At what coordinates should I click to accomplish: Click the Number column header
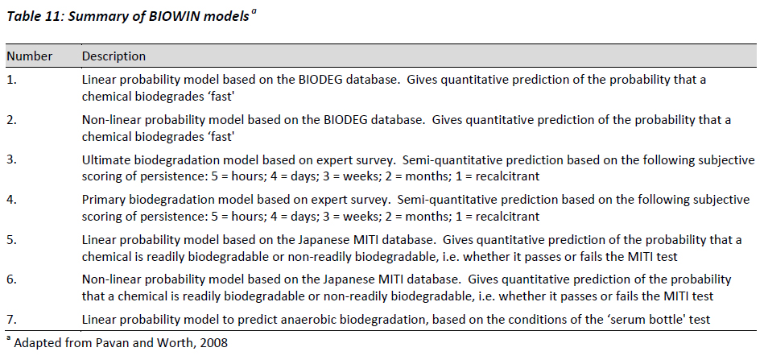(29, 56)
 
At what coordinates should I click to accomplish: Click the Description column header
(114, 56)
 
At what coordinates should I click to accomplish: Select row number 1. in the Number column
(11, 81)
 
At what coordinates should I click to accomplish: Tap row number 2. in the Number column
(12, 120)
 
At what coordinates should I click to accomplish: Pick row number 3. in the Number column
(12, 160)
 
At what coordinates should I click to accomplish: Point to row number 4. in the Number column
(12, 201)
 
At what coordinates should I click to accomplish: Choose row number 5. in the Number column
(12, 240)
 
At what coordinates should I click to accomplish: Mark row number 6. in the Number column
(12, 280)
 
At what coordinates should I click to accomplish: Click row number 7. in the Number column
(12, 320)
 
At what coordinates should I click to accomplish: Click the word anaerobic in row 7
(316, 320)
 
